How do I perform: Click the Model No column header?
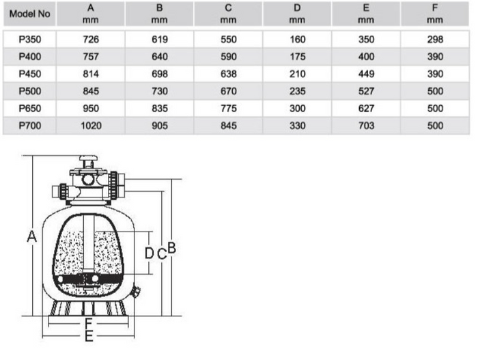[x=29, y=14]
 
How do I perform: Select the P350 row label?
[x=30, y=40]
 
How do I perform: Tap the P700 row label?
[x=30, y=126]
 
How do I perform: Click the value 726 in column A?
[x=91, y=40]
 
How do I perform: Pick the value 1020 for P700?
[x=91, y=126]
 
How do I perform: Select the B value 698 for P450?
[x=160, y=74]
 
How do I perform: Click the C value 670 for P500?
[x=229, y=92]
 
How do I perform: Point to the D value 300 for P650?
[x=298, y=109]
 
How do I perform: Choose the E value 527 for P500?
[x=366, y=92]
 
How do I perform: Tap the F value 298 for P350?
[x=435, y=40]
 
